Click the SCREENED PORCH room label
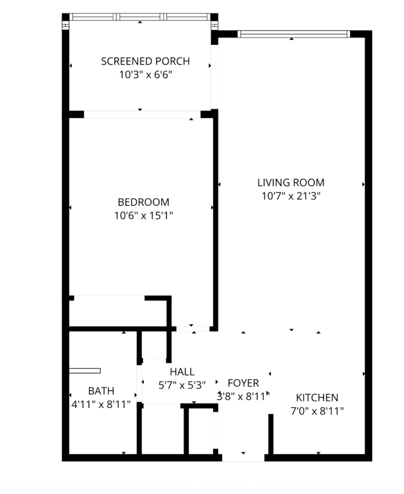point(145,61)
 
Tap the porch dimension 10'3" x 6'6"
point(146,75)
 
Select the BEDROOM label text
point(143,202)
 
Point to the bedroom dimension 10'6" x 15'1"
point(143,216)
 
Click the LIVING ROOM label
point(290,182)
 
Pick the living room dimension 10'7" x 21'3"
point(290,196)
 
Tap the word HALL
point(182,372)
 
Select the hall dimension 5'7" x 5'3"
point(182,385)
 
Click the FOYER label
point(243,383)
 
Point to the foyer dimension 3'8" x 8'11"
point(243,396)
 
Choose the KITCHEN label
point(317,398)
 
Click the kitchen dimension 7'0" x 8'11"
point(317,411)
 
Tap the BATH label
point(101,391)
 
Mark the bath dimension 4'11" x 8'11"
point(101,404)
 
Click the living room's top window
point(293,34)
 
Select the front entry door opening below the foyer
point(243,458)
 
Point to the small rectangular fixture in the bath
point(85,371)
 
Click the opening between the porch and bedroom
point(142,115)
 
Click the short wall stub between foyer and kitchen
point(271,434)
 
